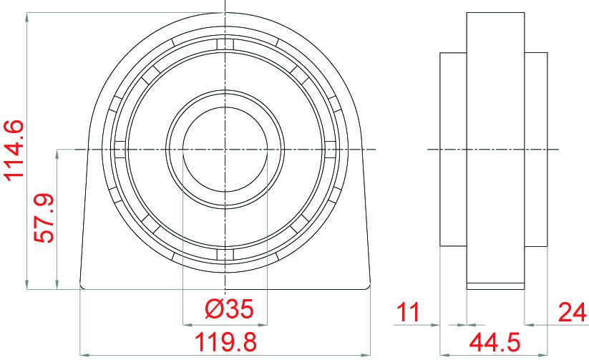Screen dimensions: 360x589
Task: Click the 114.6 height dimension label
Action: coord(14,150)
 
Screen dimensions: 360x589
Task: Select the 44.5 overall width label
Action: coord(494,341)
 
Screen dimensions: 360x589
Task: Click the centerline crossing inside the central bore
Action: coord(225,149)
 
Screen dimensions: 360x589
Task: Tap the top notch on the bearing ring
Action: coord(225,45)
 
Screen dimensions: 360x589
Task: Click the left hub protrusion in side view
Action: coord(453,149)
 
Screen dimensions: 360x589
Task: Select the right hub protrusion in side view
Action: coord(536,149)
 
